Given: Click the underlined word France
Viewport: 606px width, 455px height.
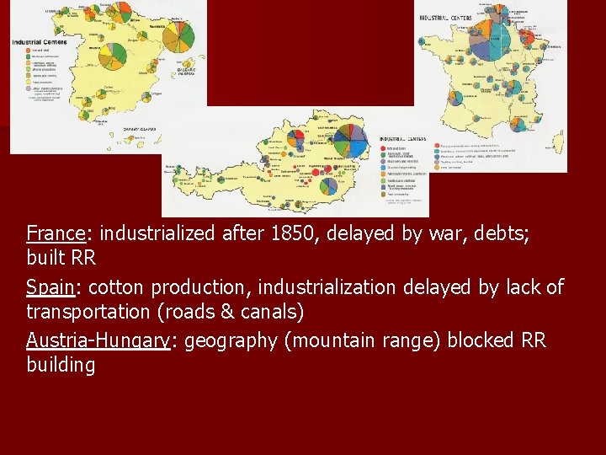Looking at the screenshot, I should pos(51,233).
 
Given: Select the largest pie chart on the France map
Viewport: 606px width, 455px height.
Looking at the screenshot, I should pos(496,37).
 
